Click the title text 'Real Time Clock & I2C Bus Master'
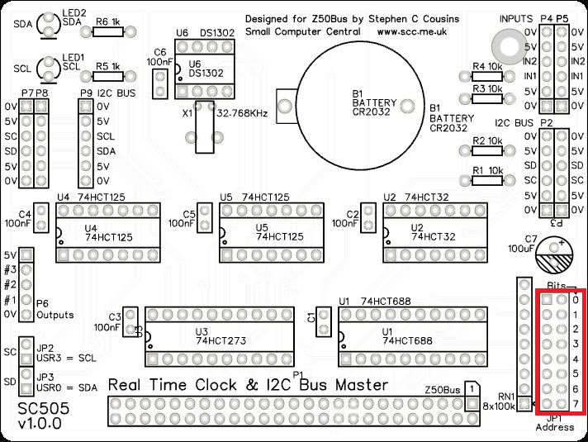248,385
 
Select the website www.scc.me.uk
410,31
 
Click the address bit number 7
576,402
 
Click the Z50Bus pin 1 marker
469,388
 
